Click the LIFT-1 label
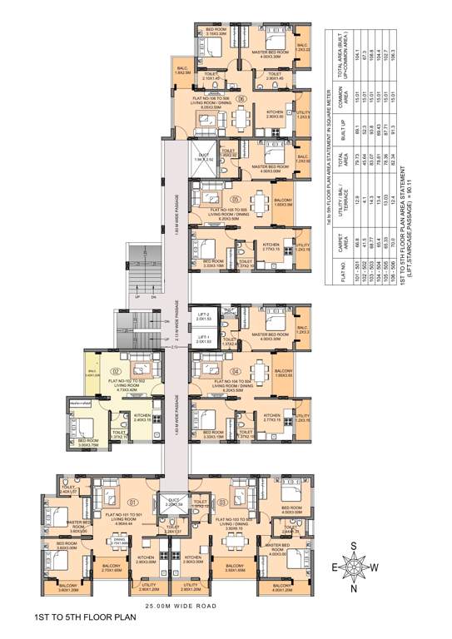pyautogui.click(x=203, y=338)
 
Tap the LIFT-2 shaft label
pyautogui.click(x=203, y=315)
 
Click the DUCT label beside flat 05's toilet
pyautogui.click(x=202, y=153)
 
